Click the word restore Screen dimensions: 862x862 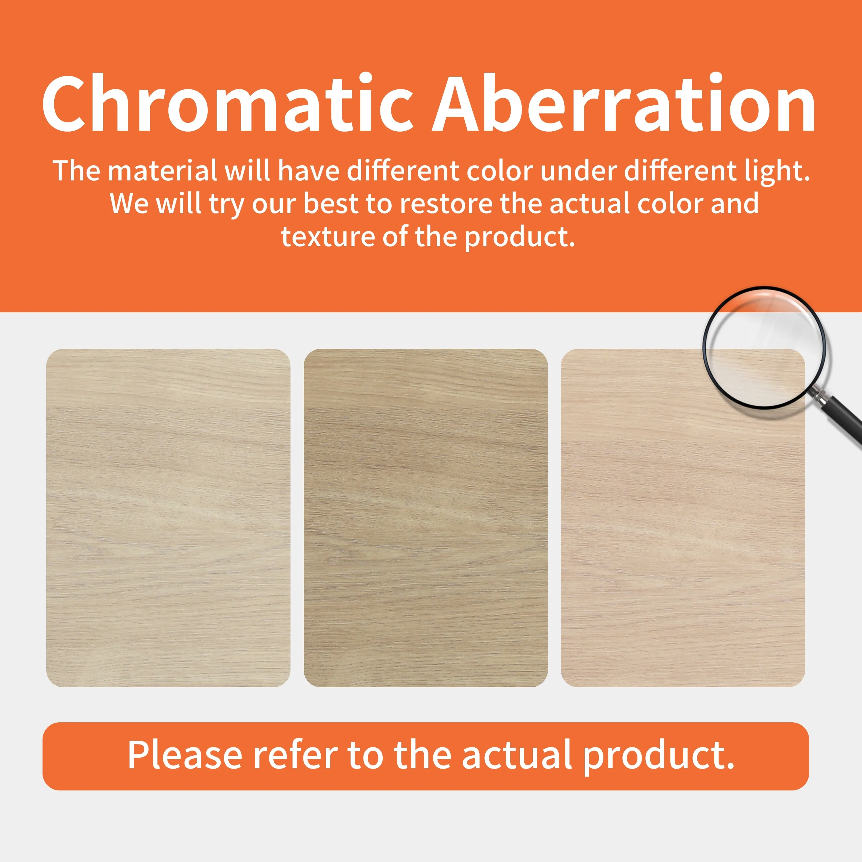point(446,204)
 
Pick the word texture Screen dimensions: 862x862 point(328,237)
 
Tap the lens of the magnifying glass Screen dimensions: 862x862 point(764,347)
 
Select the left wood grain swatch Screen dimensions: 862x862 point(168,517)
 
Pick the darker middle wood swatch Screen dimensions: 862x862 point(426,517)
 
